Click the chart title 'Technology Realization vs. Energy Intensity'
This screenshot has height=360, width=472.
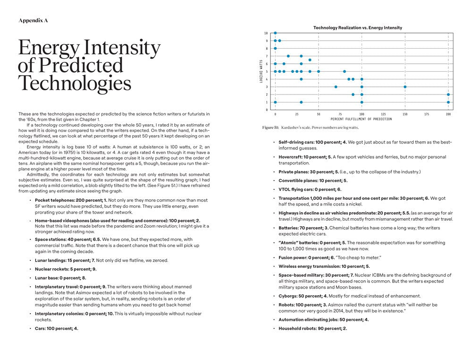pos(358,28)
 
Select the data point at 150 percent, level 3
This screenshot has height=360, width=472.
pos(405,87)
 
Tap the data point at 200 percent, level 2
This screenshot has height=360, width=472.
pos(448,94)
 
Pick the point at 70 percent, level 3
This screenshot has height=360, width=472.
pos(336,87)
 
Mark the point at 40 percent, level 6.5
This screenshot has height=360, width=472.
pos(310,60)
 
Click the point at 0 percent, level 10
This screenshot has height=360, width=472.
pos(275,33)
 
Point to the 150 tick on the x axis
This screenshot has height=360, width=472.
pos(405,114)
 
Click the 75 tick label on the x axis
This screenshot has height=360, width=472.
pos(340,114)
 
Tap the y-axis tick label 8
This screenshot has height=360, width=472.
pos(267,48)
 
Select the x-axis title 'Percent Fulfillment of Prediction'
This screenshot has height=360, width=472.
pos(362,119)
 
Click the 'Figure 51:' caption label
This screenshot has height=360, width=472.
pos(271,128)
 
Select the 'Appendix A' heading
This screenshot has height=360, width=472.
pos(33,20)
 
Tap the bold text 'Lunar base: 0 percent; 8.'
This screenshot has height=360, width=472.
pos(60,278)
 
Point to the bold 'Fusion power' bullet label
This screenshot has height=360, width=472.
pos(293,257)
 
